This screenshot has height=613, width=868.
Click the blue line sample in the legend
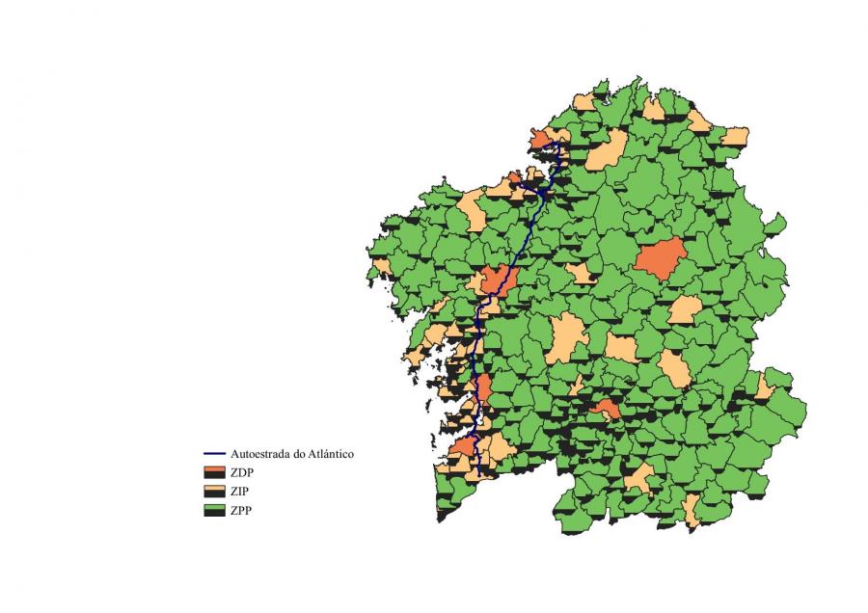(x=214, y=453)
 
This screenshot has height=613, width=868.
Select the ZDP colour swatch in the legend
(x=214, y=472)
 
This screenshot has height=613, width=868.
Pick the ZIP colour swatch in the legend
(x=214, y=492)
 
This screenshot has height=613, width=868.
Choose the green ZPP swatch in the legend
(x=214, y=511)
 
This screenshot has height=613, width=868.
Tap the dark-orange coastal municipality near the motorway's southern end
(x=464, y=448)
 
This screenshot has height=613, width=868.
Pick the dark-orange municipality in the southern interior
(x=606, y=410)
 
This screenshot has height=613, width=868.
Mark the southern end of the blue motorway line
(x=479, y=474)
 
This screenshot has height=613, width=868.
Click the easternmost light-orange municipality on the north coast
(x=736, y=135)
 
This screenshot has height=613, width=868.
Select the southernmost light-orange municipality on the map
(x=692, y=510)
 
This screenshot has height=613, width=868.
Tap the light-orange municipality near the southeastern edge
(x=764, y=388)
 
